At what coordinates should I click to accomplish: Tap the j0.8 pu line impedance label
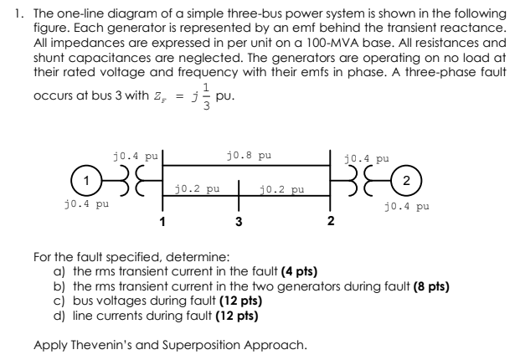point(249,156)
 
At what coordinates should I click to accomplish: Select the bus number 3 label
point(239,222)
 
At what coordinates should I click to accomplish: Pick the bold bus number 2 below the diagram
point(331,222)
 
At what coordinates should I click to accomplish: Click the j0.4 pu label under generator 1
point(87,203)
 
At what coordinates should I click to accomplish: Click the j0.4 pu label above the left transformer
point(135,156)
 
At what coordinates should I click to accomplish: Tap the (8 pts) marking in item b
point(421,285)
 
